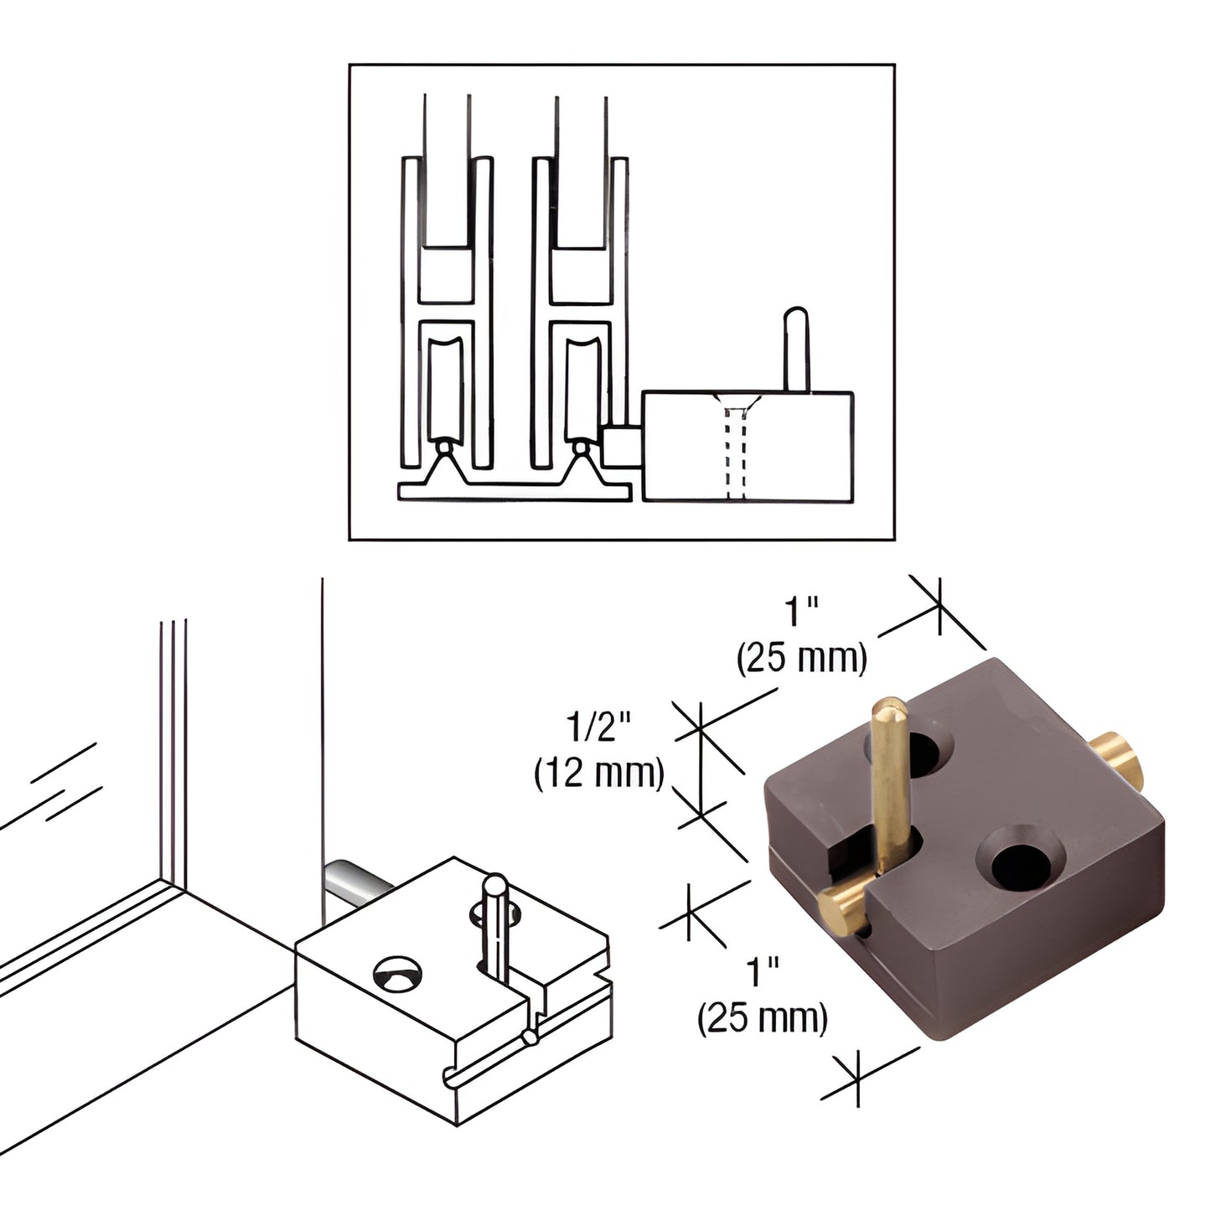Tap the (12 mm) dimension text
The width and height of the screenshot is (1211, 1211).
(x=599, y=774)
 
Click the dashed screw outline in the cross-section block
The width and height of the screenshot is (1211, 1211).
(x=735, y=453)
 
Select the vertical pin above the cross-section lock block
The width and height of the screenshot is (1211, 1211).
(x=796, y=348)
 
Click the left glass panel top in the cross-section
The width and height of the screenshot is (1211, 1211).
(x=446, y=168)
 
